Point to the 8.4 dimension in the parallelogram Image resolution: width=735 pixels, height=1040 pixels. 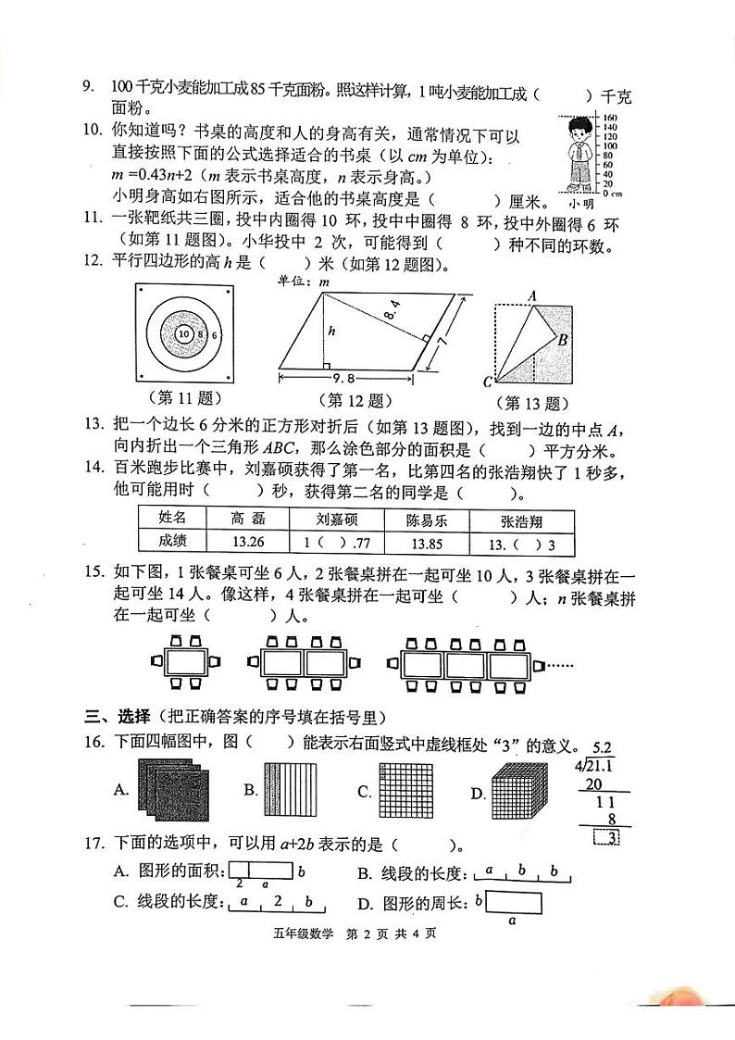[393, 324]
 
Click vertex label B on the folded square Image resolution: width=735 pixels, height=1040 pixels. [562, 340]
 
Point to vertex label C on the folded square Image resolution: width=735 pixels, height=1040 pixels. [488, 381]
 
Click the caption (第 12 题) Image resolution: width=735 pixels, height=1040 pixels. [355, 400]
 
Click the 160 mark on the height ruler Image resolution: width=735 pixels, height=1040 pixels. [611, 118]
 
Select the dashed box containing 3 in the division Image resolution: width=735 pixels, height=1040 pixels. [606, 838]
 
